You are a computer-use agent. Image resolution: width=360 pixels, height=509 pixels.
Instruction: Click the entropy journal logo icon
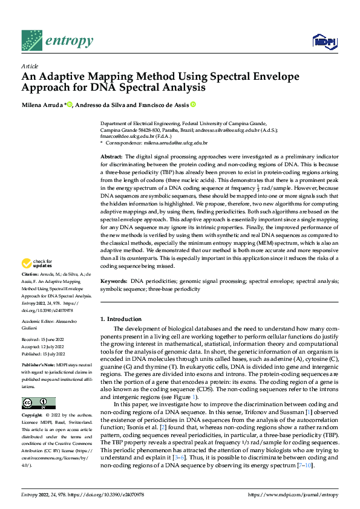click(31, 41)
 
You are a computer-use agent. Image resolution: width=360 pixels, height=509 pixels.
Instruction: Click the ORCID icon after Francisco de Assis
click(193, 105)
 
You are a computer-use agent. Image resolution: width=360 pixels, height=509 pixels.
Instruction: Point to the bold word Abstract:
click(113, 157)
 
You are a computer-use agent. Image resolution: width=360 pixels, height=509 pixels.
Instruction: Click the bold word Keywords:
click(114, 282)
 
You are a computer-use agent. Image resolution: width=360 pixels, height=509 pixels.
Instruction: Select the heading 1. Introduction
click(121, 319)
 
